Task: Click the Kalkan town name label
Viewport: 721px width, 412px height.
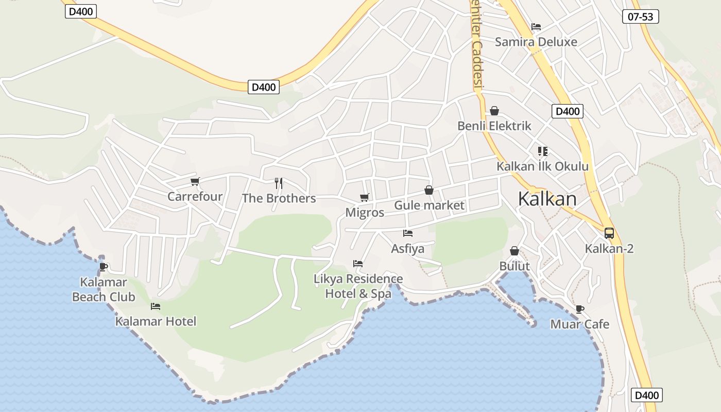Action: (547, 198)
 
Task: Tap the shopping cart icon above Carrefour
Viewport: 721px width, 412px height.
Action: (195, 181)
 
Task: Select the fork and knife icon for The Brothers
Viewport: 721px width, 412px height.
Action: (279, 183)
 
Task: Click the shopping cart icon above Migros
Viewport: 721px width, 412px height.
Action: (365, 197)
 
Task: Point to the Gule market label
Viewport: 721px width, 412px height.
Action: (429, 205)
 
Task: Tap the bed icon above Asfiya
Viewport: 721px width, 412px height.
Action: (408, 233)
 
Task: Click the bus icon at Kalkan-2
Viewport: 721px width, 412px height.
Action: (609, 233)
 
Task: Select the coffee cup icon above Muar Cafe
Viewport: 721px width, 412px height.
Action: (579, 309)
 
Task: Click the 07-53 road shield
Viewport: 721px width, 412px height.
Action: (641, 16)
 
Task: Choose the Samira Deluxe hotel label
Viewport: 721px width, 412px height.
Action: (536, 42)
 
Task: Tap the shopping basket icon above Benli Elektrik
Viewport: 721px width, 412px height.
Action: (494, 111)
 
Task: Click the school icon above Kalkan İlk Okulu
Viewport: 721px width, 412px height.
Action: (542, 151)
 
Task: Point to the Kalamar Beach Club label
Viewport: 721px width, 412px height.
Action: (104, 289)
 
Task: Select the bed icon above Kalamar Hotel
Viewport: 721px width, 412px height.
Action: (156, 306)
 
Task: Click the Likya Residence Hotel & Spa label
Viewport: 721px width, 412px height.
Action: (358, 286)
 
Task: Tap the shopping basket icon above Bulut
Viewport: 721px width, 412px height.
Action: (514, 251)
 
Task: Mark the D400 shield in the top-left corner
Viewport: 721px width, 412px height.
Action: (81, 11)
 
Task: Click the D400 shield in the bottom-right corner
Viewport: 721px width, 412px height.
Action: (646, 395)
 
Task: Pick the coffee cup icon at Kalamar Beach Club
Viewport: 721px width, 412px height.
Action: (103, 267)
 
